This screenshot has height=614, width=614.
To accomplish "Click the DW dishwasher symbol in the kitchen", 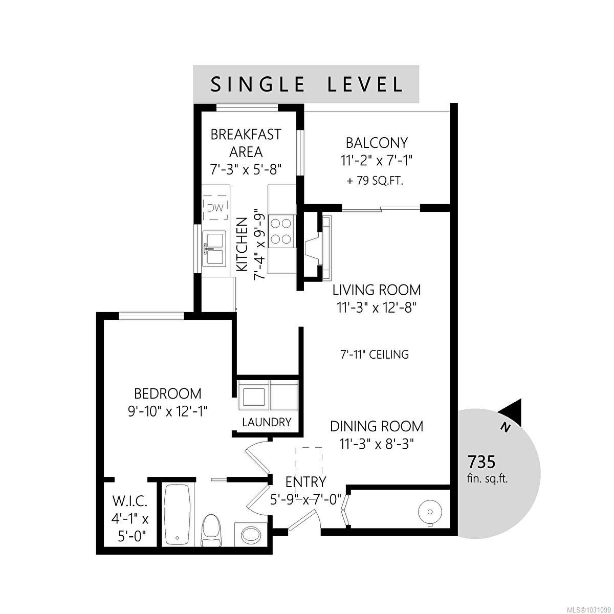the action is [x=216, y=208].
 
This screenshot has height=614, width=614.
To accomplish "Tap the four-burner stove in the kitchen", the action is [x=281, y=231].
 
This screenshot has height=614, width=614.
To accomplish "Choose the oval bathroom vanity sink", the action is [x=251, y=534].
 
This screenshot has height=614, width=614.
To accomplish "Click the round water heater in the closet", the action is [x=430, y=512].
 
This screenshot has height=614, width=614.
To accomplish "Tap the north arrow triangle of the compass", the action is [x=511, y=412].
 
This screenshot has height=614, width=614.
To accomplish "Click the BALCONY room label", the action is [x=377, y=143].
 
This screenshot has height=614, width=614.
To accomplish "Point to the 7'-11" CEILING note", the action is [x=375, y=354].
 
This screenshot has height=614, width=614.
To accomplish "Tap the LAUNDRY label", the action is [x=267, y=422].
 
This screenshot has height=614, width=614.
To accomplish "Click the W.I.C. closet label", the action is [x=129, y=502].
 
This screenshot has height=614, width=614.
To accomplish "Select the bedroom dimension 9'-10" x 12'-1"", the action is [x=168, y=412].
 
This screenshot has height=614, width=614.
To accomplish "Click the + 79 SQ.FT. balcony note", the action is [x=376, y=181].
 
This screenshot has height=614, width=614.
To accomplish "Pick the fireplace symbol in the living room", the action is [x=318, y=248].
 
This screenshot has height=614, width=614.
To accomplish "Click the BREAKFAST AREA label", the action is [x=246, y=143].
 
